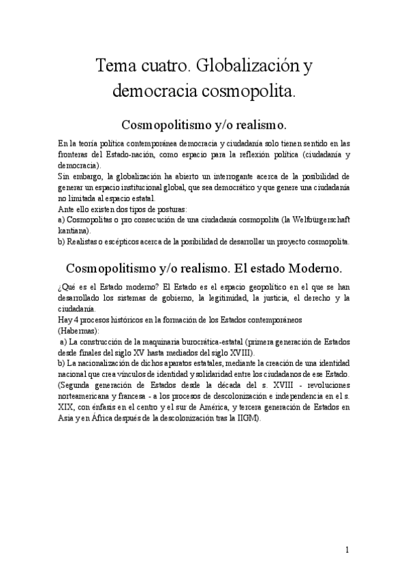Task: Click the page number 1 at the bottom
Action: (x=347, y=549)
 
